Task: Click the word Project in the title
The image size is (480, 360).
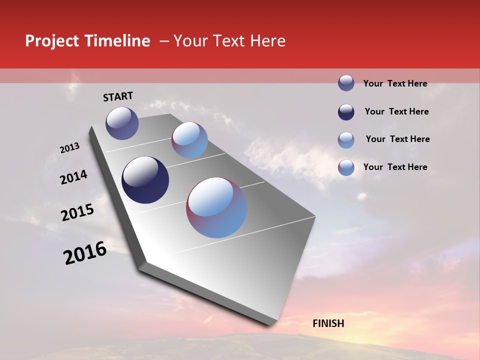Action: [x=52, y=41]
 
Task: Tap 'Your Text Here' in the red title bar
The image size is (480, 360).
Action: [x=229, y=41]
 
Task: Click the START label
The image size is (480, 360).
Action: [x=118, y=96]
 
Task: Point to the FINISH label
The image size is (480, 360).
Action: [x=328, y=323]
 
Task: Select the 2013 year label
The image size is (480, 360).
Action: [x=69, y=148]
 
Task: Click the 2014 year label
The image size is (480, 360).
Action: [x=73, y=177]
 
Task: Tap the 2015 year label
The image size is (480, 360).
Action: [x=77, y=212]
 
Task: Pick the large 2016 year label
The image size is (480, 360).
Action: [x=85, y=253]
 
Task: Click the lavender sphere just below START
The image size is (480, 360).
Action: [x=122, y=123]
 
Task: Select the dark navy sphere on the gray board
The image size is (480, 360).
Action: [x=145, y=180]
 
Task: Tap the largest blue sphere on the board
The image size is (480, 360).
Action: [x=216, y=207]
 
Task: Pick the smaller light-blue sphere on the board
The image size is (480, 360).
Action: [x=189, y=140]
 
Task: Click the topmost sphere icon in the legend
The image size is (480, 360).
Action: [x=346, y=83]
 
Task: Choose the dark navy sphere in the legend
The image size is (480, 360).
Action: [x=346, y=112]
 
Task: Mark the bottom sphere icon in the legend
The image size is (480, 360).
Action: [x=346, y=167]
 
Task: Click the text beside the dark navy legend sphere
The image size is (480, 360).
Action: [x=396, y=111]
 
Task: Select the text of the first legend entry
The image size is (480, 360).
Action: [x=395, y=83]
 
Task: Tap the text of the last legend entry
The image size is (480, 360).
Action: [x=395, y=167]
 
